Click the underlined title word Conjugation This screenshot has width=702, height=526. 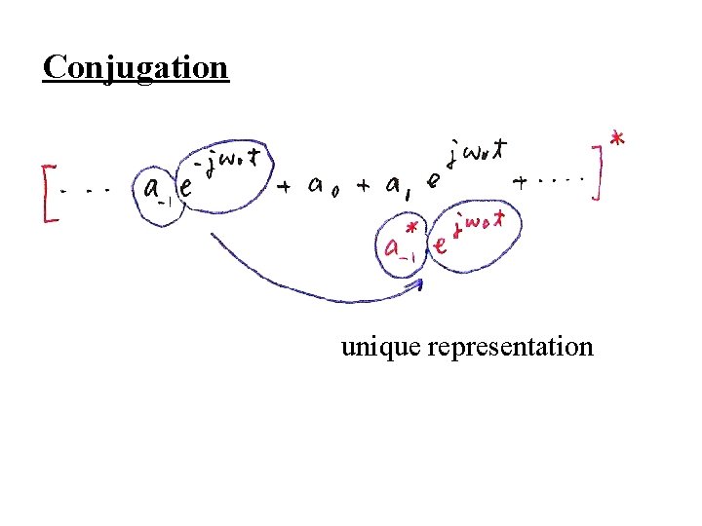(136, 67)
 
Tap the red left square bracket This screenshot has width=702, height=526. (47, 195)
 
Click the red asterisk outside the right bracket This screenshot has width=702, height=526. (617, 141)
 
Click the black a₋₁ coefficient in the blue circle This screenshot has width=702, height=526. (154, 192)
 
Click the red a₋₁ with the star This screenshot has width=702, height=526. (399, 243)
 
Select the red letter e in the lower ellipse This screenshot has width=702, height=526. (441, 246)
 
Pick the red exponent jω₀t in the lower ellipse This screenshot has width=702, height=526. (479, 223)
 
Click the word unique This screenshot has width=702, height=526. (380, 347)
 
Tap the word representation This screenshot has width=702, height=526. (510, 347)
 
